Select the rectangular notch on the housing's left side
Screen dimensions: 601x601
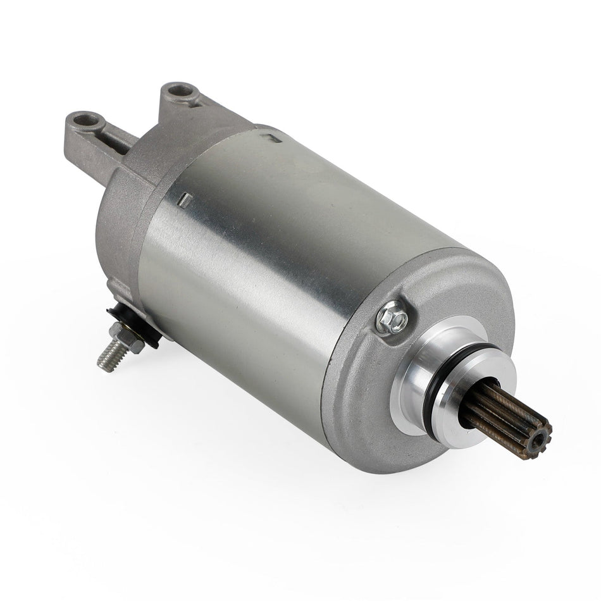point(184,199)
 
